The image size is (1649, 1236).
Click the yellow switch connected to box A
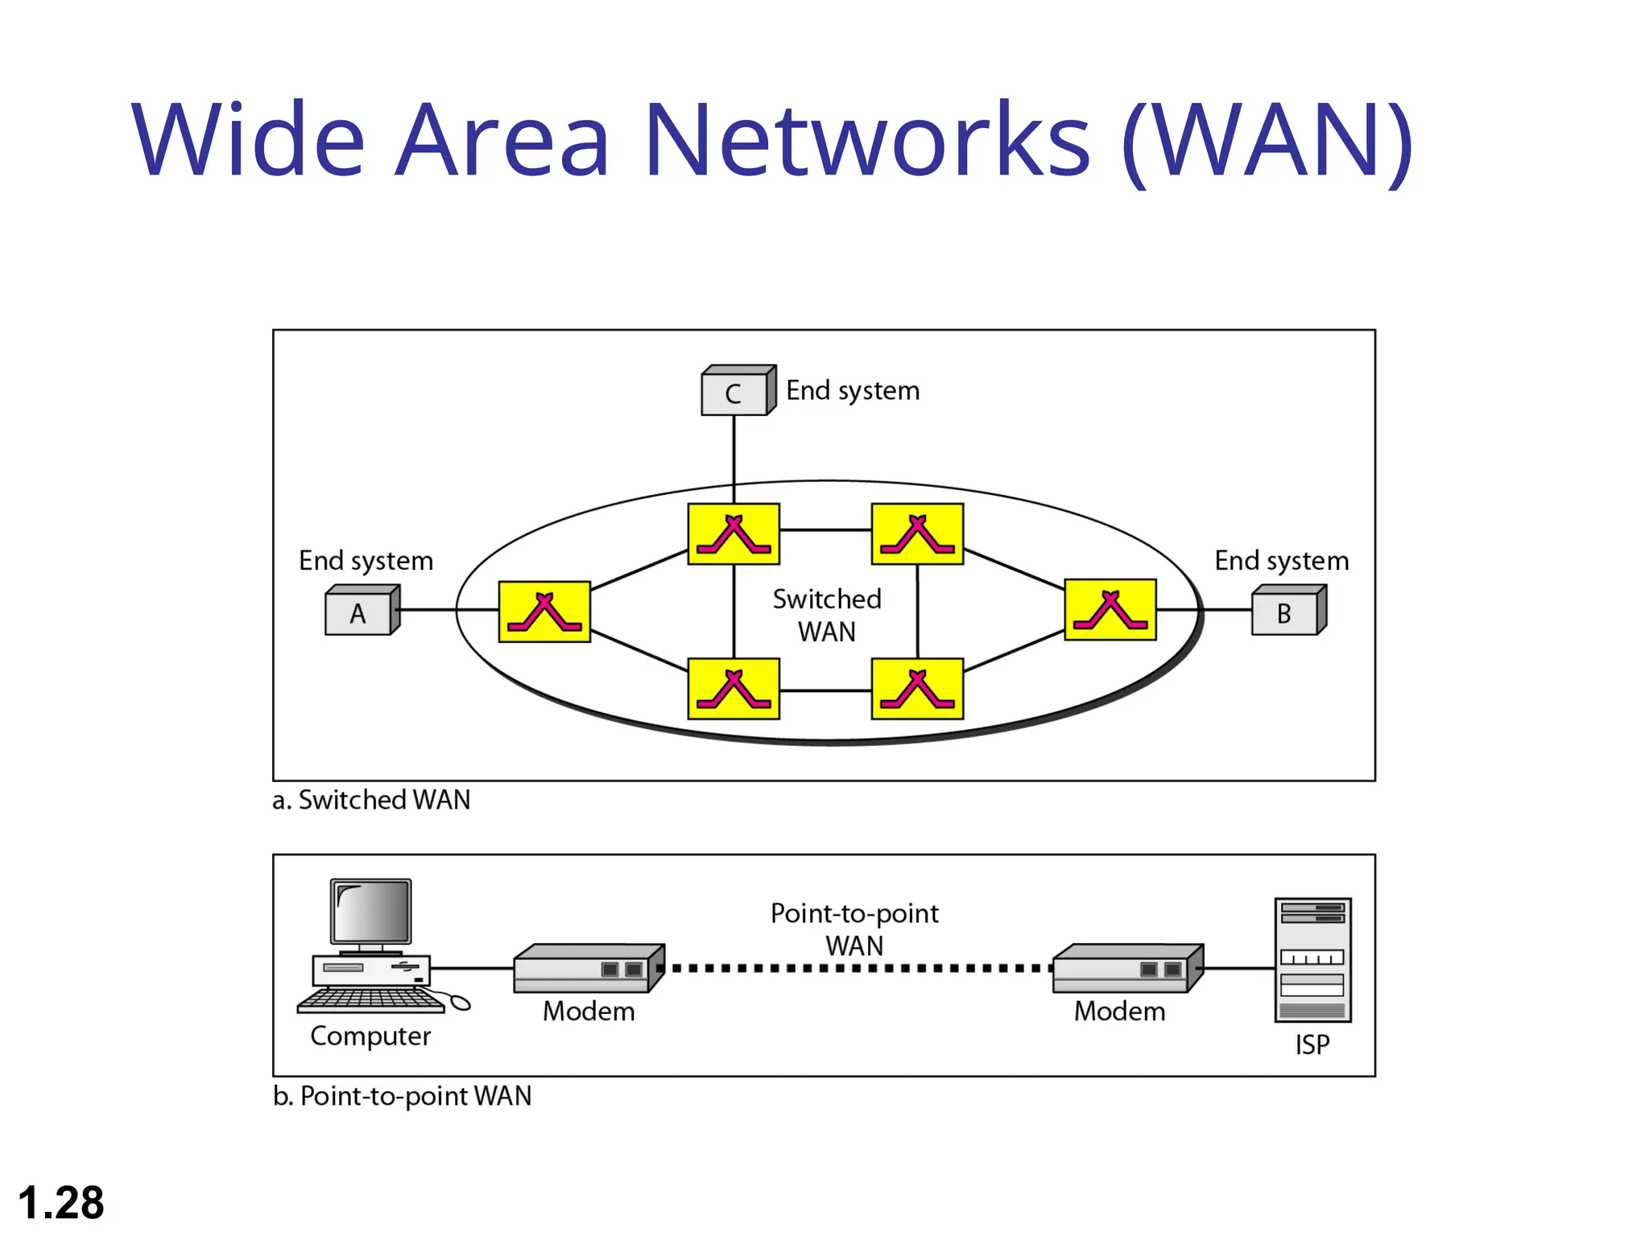click(544, 612)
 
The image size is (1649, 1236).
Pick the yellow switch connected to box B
click(1110, 610)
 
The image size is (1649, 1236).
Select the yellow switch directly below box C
click(734, 534)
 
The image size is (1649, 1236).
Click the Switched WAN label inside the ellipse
click(827, 615)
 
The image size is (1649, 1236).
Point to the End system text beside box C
click(852, 390)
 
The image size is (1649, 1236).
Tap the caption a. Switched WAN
click(371, 800)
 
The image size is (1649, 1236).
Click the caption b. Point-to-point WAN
click(402, 1096)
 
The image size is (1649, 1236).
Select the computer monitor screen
click(371, 911)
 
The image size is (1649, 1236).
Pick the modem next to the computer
click(589, 969)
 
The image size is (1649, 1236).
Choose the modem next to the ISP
click(1127, 969)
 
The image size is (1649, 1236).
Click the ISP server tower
click(1312, 960)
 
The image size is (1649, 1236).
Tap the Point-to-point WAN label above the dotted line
click(854, 929)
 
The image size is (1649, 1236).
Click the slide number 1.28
click(61, 1202)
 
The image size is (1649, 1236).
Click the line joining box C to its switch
click(734, 459)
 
